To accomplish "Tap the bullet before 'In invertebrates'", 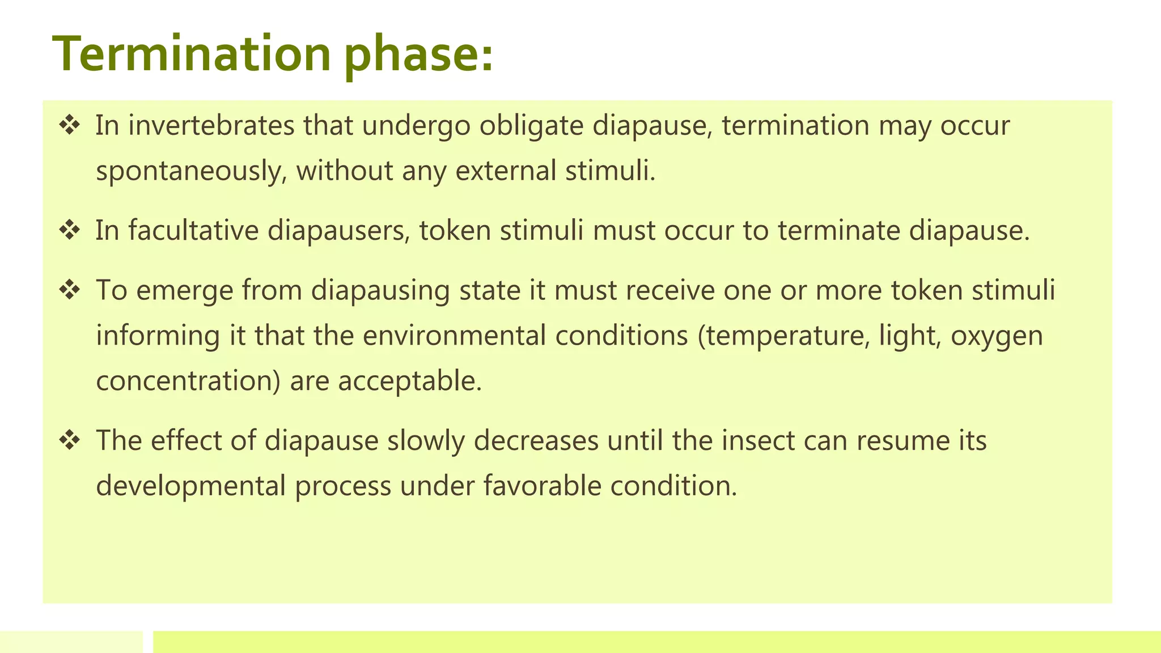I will (69, 125).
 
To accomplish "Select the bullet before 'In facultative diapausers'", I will (69, 231).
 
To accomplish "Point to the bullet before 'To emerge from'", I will (69, 290).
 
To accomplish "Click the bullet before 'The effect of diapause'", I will (69, 440).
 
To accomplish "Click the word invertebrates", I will (211, 125).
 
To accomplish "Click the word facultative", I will (193, 231).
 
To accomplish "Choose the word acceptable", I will (409, 381).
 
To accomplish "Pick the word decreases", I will (536, 440).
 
